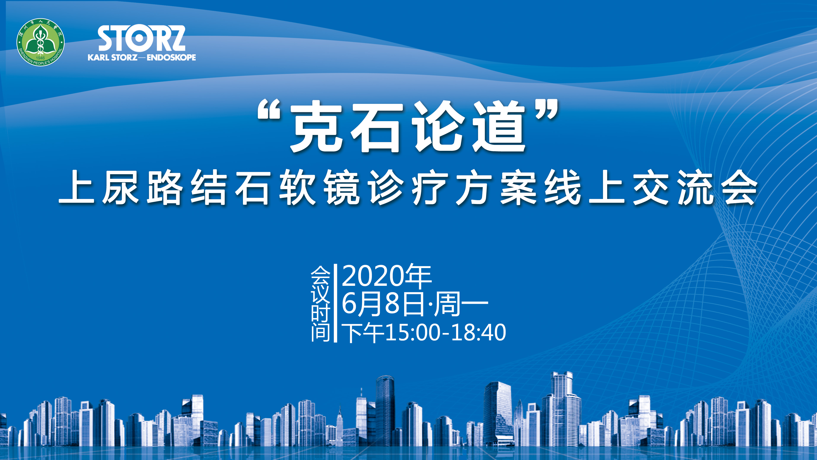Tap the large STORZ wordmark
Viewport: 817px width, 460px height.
(x=141, y=39)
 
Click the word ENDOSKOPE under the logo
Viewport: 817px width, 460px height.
(x=171, y=58)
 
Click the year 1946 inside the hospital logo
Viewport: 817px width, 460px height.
(x=40, y=58)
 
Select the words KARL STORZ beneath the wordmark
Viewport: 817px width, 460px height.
(x=113, y=58)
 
